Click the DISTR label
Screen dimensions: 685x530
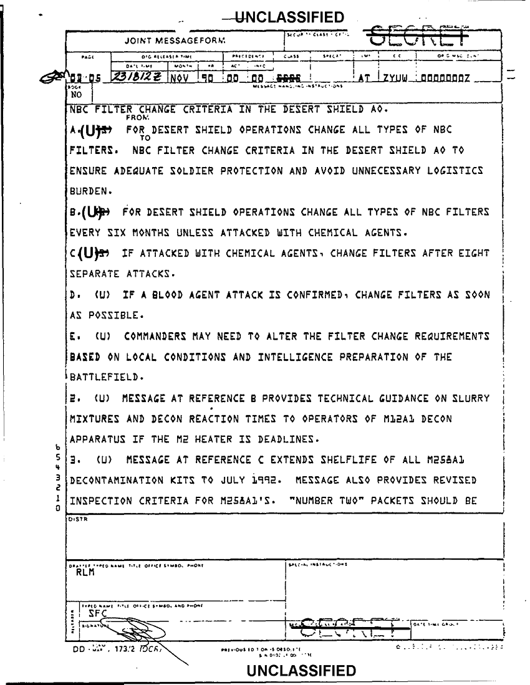pyautogui.click(x=75, y=515)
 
